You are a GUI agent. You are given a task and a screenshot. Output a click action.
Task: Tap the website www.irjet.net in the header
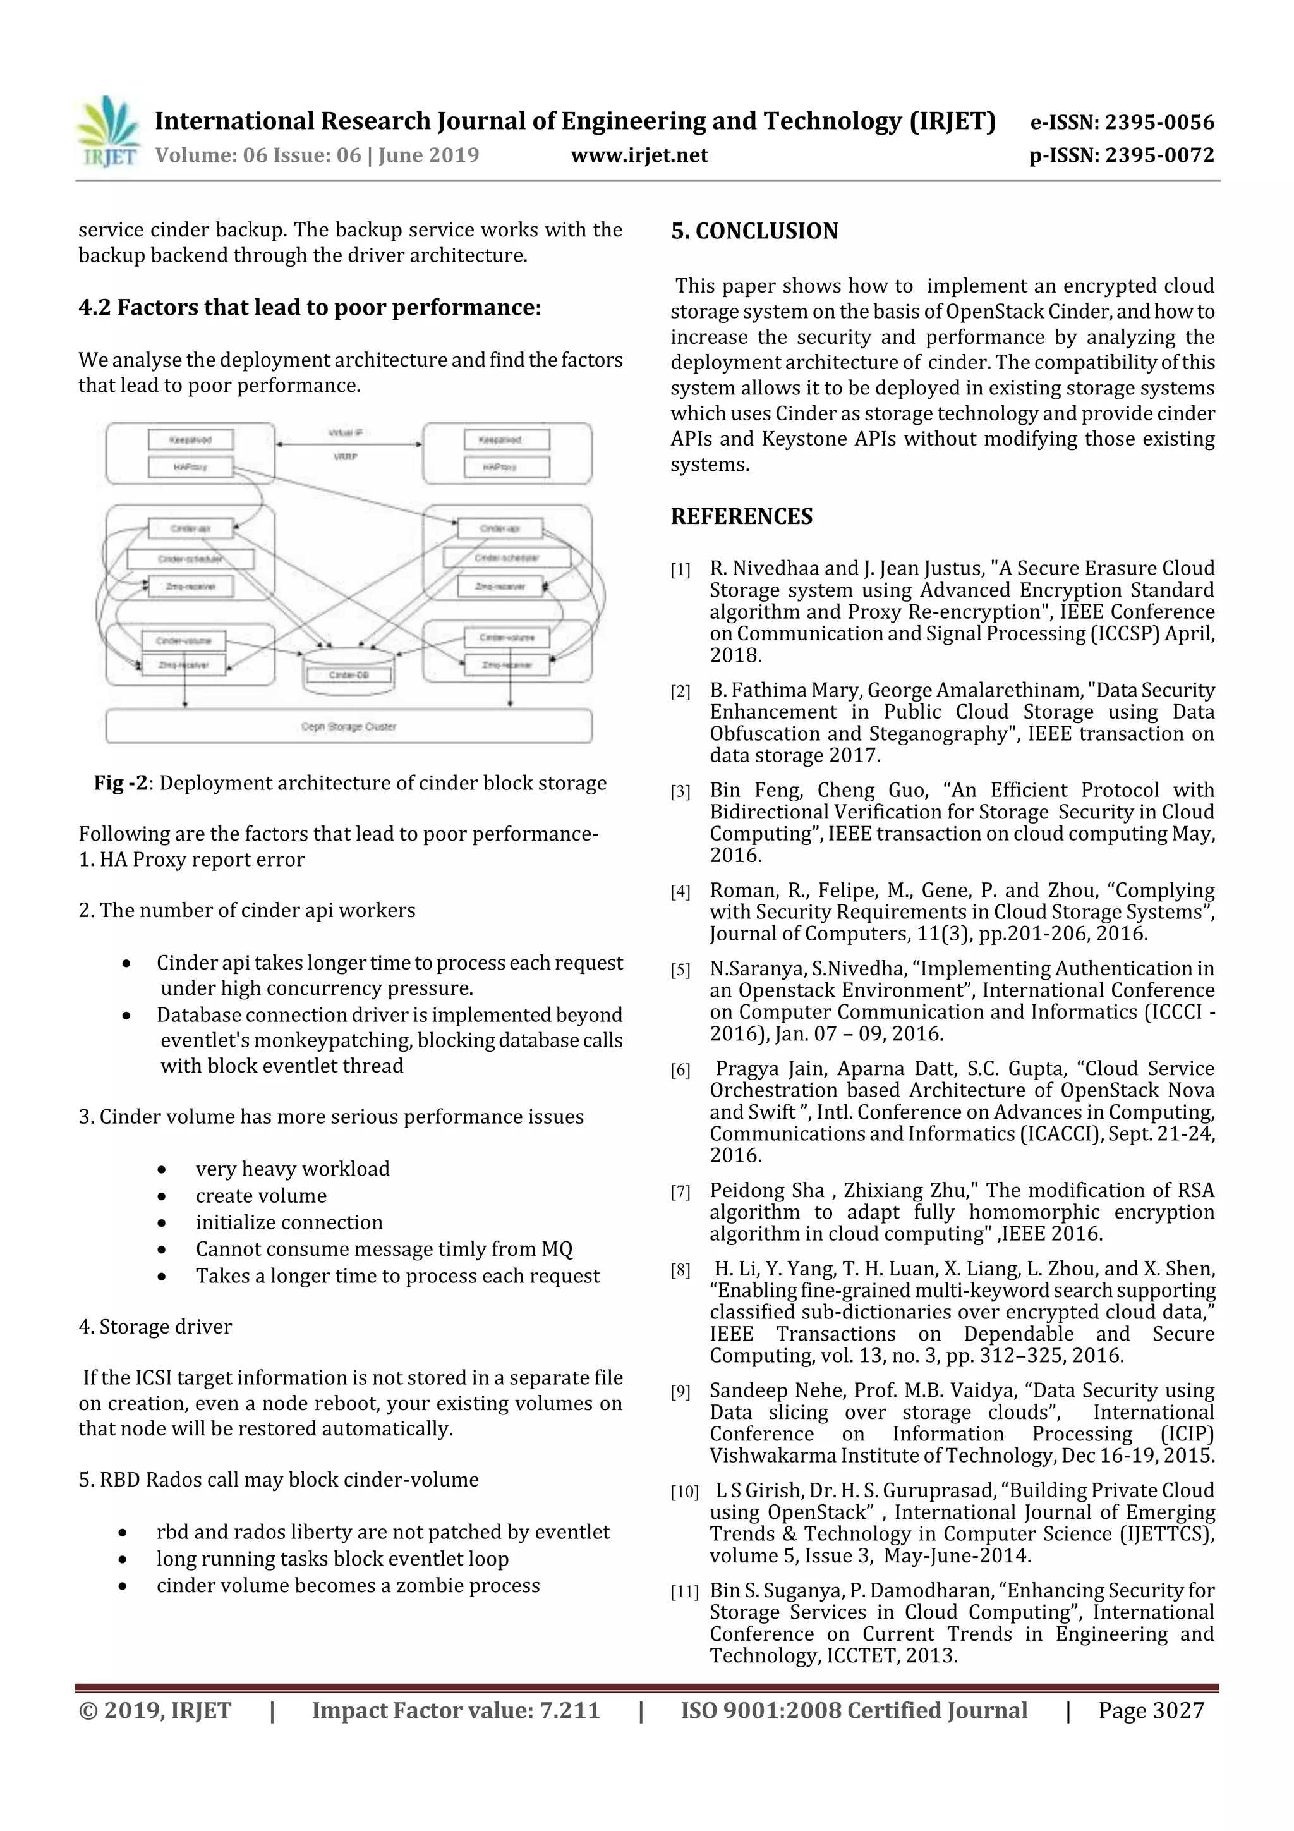point(639,155)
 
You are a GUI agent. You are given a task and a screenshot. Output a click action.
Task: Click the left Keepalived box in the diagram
point(191,439)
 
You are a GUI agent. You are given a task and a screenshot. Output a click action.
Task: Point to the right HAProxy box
point(499,466)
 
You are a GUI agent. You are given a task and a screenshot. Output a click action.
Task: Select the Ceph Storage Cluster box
point(348,726)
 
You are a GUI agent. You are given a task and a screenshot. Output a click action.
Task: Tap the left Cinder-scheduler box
point(191,558)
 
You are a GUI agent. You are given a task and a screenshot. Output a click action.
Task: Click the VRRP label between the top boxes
point(345,457)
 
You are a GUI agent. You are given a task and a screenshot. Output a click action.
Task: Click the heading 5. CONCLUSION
point(754,231)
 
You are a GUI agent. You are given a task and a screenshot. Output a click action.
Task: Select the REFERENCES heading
point(742,517)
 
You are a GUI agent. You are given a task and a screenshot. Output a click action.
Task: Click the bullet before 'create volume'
point(162,1196)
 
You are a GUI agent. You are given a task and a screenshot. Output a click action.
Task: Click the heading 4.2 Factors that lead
point(310,308)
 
